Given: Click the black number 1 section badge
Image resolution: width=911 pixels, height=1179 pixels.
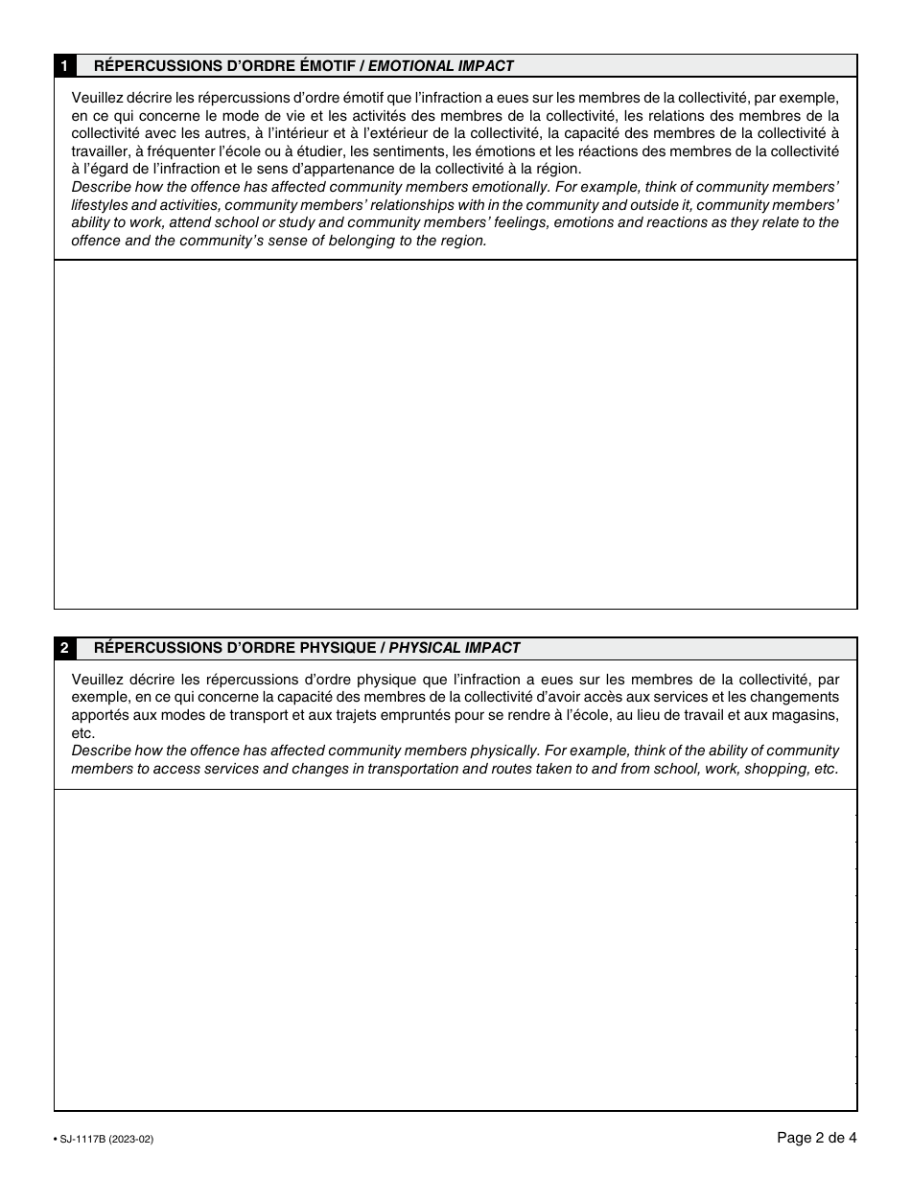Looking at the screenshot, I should pos(63,66).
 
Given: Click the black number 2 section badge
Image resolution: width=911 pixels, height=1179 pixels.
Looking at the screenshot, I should pos(63,648).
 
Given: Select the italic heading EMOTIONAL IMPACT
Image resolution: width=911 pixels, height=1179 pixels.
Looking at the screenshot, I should pos(441,66).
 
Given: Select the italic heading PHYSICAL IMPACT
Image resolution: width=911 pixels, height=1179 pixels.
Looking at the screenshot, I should pos(455,648).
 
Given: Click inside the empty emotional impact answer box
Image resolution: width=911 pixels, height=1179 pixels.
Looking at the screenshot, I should pos(455,434).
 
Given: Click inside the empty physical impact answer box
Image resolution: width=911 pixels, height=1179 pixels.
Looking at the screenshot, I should pos(455,949).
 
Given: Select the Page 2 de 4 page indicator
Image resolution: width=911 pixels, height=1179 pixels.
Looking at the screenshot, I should pos(816,1138).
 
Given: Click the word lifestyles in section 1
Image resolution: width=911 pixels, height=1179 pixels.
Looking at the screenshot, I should pos(101,205).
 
